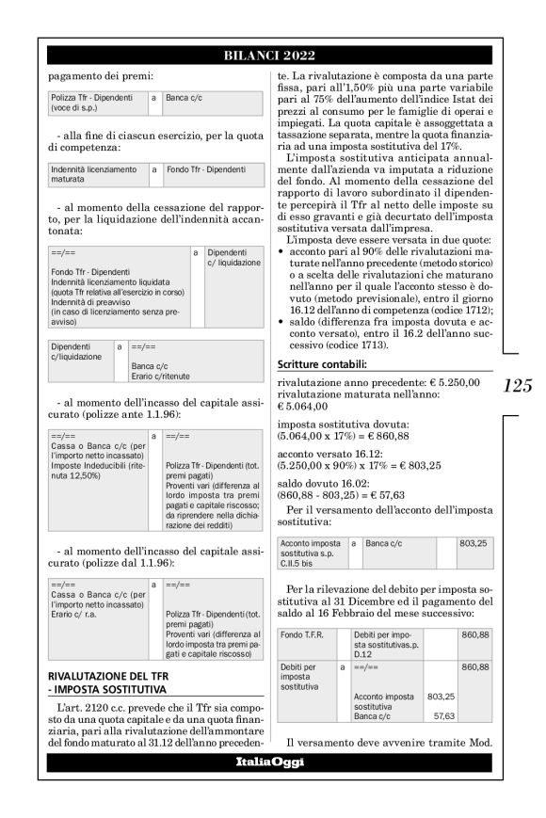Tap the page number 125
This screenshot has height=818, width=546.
tap(517, 385)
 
